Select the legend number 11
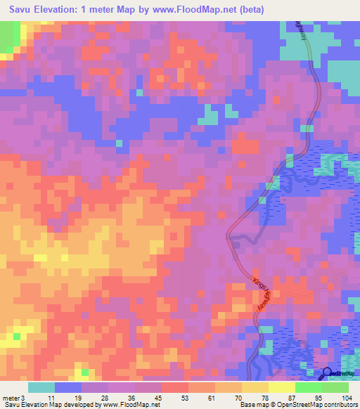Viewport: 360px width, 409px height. click(51, 398)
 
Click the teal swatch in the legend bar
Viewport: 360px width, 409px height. click(41, 387)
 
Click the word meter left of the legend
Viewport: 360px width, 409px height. click(11, 398)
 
